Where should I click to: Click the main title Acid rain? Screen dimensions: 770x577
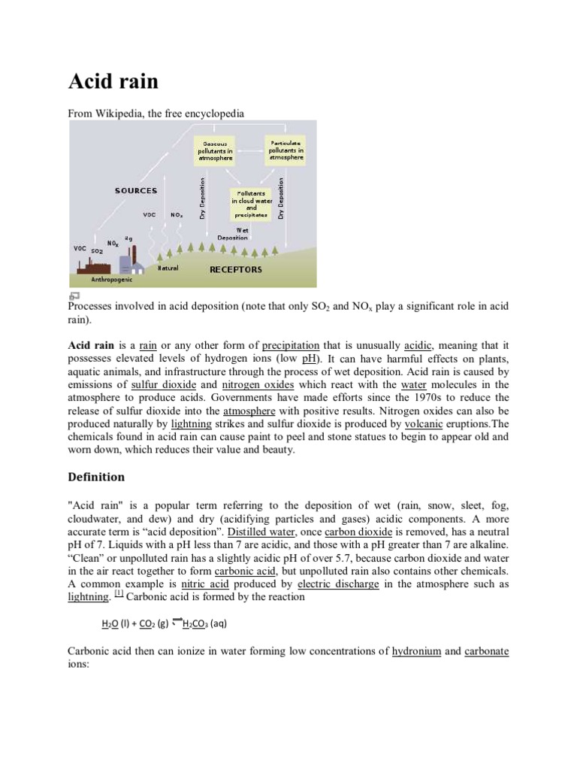(113, 81)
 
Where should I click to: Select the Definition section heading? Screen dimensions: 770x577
(96, 477)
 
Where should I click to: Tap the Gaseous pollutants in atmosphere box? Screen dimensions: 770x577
(215, 150)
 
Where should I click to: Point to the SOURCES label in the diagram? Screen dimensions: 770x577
(136, 190)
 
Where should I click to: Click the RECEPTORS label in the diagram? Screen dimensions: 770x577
(235, 269)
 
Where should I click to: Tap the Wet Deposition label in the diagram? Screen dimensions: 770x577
(232, 234)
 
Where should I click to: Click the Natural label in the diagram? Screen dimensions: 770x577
(168, 268)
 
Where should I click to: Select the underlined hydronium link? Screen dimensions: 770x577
(416, 651)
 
